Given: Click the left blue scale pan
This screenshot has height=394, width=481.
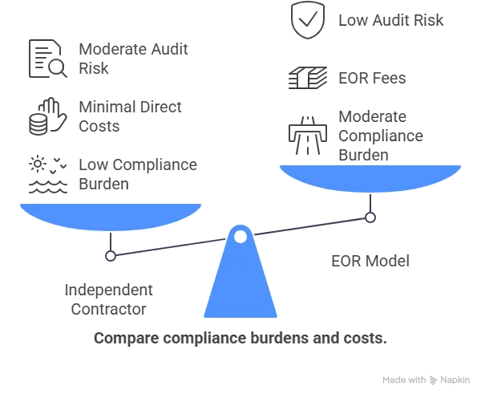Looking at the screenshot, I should click(110, 214).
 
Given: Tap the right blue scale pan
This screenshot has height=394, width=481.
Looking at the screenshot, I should click(370, 177).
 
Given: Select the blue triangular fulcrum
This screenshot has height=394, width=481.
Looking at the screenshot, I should click(240, 281).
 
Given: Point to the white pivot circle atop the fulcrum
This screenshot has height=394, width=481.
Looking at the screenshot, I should click(240, 236).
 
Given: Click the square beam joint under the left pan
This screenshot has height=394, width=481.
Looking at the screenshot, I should click(112, 257).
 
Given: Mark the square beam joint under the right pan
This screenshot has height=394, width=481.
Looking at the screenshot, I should click(369, 216).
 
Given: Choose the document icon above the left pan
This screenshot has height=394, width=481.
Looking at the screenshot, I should click(46, 59).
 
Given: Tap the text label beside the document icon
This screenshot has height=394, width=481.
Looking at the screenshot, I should click(134, 59).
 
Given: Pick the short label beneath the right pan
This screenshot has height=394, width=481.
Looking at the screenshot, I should click(370, 261).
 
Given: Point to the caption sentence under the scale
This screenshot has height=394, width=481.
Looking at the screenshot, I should click(240, 340).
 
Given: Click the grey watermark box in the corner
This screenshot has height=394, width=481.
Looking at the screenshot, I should click(426, 379).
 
